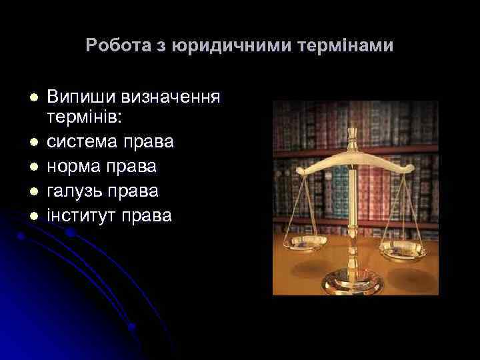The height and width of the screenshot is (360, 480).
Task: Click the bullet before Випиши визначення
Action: pos(31,98)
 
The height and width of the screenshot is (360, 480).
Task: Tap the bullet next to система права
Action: pos(31,142)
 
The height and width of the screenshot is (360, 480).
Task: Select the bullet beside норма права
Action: pos(31,167)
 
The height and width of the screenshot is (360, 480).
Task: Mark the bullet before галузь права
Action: pos(31,191)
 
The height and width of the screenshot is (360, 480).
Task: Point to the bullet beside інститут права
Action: pos(31,215)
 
